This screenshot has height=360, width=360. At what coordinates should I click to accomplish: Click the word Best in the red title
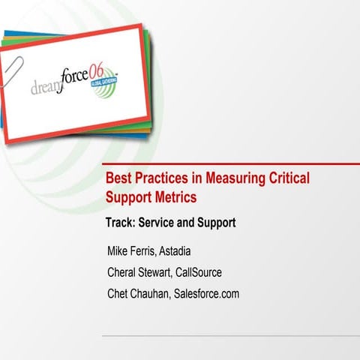[x=118, y=179]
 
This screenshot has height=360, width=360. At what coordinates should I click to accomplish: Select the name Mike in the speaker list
[x=121, y=250]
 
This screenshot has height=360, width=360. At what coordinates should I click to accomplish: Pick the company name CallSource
[x=211, y=272]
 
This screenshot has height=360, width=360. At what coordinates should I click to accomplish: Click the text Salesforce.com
[x=206, y=294]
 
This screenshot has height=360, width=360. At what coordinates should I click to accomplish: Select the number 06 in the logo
[x=105, y=69]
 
